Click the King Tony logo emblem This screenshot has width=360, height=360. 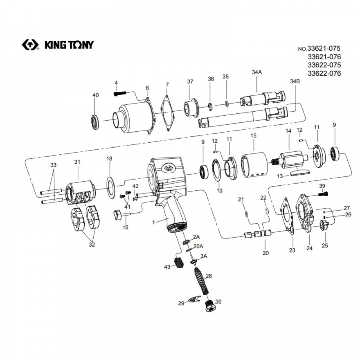coord(30,45)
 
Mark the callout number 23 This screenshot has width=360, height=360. coord(292,250)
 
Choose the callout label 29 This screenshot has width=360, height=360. coord(181,303)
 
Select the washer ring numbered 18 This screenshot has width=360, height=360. coord(110,185)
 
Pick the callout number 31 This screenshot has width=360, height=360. coord(76,162)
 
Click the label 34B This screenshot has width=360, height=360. coord(294,81)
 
